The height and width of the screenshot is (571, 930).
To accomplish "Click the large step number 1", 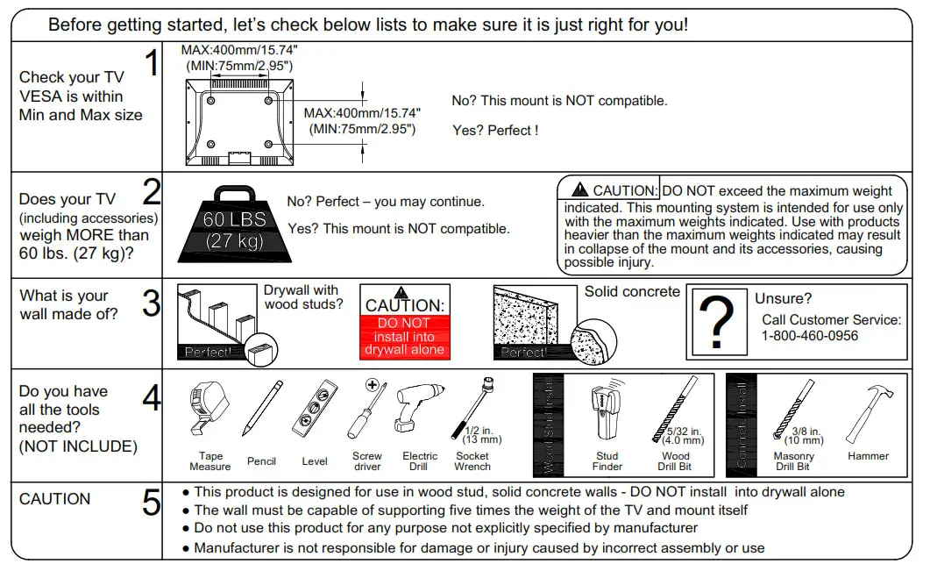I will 152,63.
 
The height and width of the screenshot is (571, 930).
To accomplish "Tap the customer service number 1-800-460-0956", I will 810,336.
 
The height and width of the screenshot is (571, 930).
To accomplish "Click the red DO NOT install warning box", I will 405,336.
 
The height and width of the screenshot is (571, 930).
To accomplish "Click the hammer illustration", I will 868,413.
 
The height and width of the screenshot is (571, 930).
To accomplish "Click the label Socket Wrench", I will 472,461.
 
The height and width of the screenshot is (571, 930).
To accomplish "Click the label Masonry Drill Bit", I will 794,461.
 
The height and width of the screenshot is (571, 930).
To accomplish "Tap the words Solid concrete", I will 632,291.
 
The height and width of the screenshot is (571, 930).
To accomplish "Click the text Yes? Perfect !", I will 495,131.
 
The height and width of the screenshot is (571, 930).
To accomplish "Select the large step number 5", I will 152,503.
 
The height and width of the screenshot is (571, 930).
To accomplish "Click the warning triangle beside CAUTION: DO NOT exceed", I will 579,189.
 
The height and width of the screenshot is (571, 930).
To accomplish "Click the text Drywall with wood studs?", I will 302,297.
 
